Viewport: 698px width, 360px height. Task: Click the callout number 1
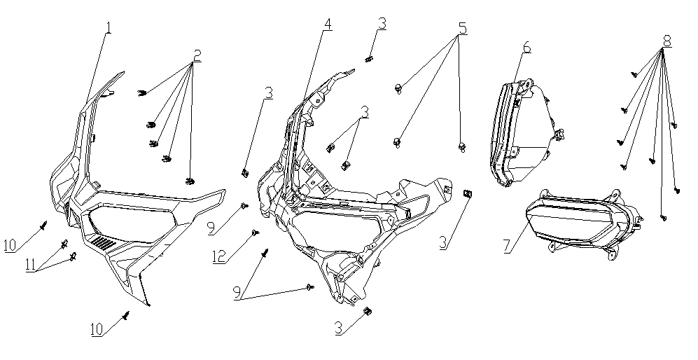pos(109,29)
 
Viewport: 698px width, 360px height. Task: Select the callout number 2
pos(197,55)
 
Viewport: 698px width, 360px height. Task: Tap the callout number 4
pos(328,24)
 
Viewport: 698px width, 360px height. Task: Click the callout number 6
pos(526,48)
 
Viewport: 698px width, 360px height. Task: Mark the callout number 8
pos(666,41)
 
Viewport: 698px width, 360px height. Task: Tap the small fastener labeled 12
pos(255,232)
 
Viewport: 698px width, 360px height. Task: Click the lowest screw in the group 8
pos(664,219)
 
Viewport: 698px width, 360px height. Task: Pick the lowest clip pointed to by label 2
pos(190,182)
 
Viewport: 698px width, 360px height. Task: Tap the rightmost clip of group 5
pos(461,146)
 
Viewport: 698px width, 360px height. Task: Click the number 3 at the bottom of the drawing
pos(339,328)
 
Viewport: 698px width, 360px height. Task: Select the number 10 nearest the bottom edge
pos(97,328)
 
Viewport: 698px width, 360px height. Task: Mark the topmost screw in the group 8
pos(635,73)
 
